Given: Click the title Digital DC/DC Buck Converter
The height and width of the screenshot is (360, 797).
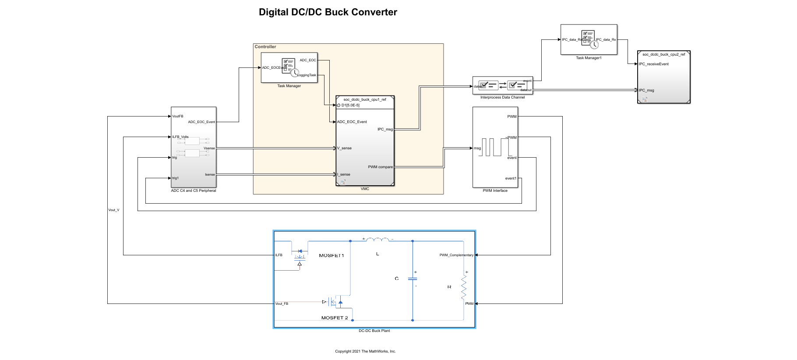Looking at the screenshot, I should [328, 12].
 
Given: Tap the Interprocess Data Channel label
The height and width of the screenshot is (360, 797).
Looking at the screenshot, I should [502, 97].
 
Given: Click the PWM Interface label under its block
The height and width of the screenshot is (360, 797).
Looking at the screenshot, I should [495, 191].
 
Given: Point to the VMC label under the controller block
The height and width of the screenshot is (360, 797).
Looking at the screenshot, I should [365, 189].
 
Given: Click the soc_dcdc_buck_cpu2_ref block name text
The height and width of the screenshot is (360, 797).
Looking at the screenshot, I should [663, 54].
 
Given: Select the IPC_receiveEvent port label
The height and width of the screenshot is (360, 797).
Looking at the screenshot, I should [654, 64].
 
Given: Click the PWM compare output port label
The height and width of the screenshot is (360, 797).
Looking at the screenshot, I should [380, 167].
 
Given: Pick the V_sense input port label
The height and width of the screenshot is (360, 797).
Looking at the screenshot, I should [345, 148].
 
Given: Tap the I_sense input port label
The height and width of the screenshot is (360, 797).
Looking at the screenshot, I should [344, 174].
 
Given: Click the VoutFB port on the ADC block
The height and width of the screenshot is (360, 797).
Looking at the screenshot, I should [178, 116].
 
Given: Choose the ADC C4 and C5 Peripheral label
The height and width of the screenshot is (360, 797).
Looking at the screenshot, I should [193, 191].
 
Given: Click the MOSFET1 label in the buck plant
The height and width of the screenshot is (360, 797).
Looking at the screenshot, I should [331, 255].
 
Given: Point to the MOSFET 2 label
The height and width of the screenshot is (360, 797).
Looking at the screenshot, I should [335, 318].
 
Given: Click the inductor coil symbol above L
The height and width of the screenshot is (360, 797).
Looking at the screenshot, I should [377, 239].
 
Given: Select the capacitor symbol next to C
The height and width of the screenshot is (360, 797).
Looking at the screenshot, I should [413, 278].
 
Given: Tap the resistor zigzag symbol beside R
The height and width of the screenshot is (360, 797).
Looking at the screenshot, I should [464, 287].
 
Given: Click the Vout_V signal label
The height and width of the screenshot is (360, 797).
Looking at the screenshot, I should [114, 210].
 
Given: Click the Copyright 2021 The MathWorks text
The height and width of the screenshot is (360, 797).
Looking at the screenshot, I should [365, 351].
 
